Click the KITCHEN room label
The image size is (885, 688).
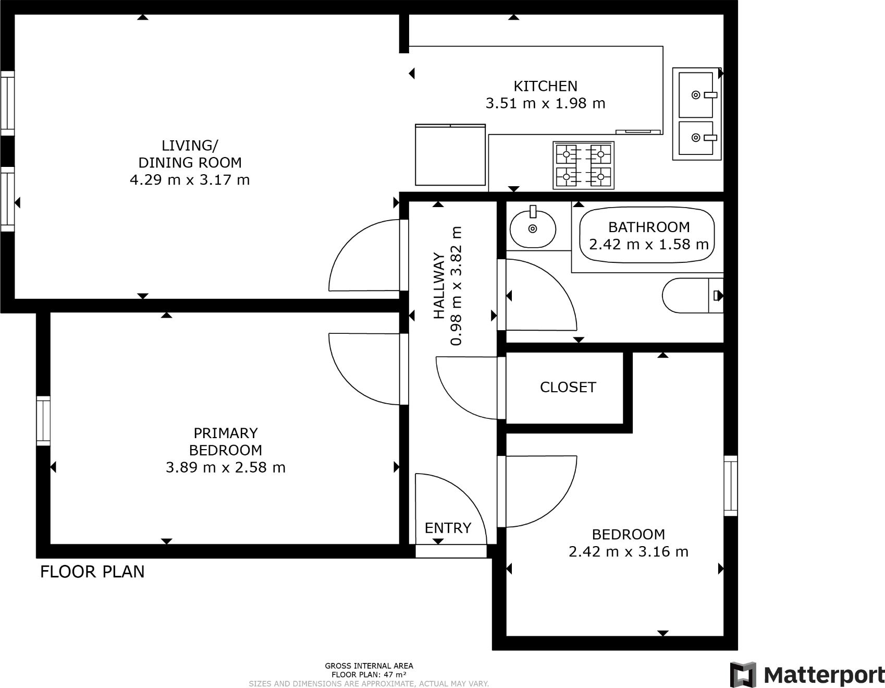[x=545, y=86]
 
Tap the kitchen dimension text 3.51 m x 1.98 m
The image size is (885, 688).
[x=545, y=103]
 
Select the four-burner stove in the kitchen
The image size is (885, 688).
[x=583, y=165]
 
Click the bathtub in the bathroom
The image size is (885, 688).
[x=647, y=236]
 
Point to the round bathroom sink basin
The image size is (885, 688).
[x=532, y=228]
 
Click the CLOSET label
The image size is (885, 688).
[x=568, y=387]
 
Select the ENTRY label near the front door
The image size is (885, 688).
[x=448, y=528]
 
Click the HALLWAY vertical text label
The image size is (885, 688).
[x=439, y=286]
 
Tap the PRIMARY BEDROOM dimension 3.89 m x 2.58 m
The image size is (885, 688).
[x=225, y=467]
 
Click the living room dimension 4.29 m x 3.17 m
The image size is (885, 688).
[x=190, y=180]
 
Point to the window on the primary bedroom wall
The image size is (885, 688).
[x=43, y=420]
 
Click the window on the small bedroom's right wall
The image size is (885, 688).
[x=731, y=486]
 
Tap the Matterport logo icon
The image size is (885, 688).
[x=743, y=674]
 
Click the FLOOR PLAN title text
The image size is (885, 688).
[x=92, y=572]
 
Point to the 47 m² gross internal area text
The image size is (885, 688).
[x=368, y=674]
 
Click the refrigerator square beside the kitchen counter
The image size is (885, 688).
[x=450, y=155]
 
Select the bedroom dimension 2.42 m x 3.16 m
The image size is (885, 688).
[x=628, y=551]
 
